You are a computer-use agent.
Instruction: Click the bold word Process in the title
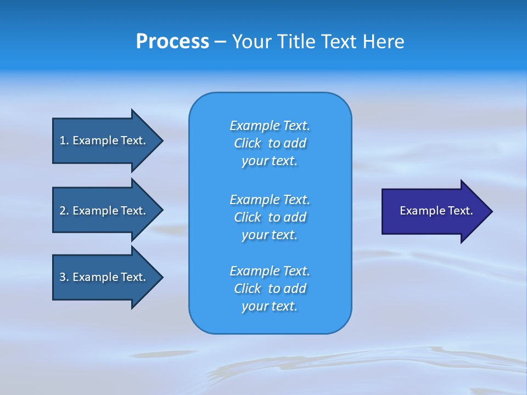[172, 42]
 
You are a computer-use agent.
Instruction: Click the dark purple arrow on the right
[434, 211]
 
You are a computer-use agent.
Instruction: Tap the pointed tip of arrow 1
[161, 140]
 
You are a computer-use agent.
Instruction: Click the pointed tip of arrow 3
[161, 277]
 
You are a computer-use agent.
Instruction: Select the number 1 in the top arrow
[63, 140]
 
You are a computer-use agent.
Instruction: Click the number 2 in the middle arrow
[63, 211]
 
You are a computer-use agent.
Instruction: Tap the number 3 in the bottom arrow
[63, 277]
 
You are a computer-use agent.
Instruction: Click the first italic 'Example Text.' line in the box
[270, 126]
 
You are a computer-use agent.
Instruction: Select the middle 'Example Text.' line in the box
[270, 199]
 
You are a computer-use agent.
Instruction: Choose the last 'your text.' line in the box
[270, 306]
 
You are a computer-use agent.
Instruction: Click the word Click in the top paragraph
[247, 143]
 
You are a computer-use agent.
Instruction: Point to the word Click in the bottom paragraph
[247, 289]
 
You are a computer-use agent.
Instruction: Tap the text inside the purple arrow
[436, 211]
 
